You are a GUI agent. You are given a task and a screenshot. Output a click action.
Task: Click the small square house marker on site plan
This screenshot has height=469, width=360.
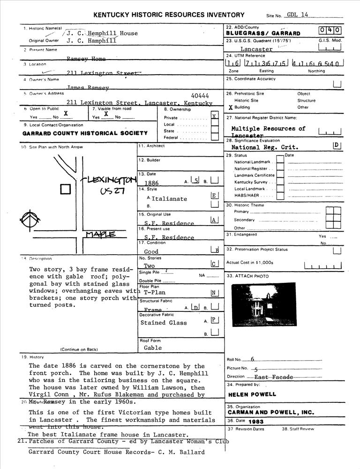click(x=66, y=189)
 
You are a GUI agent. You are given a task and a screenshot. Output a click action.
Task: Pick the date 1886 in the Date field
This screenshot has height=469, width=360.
click(x=152, y=183)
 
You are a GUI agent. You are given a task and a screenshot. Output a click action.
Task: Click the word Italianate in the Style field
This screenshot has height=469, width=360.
click(x=169, y=199)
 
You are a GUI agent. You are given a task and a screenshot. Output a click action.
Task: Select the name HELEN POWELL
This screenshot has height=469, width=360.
click(x=252, y=394)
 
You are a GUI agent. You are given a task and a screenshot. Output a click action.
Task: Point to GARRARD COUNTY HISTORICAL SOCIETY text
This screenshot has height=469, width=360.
click(x=85, y=133)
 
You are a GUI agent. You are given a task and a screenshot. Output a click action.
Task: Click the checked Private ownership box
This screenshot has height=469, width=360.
click(x=214, y=116)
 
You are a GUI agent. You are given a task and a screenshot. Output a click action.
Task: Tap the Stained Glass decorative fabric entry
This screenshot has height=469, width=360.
click(x=163, y=323)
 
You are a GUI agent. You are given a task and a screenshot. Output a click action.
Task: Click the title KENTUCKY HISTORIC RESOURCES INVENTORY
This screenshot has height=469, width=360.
click(x=169, y=15)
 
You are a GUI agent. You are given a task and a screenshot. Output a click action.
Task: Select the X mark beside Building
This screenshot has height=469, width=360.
click(x=230, y=107)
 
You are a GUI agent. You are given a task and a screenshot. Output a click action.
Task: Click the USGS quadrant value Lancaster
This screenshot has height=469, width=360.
click(x=256, y=49)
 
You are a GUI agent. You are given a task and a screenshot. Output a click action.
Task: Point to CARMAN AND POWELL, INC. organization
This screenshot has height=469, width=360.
click(x=271, y=413)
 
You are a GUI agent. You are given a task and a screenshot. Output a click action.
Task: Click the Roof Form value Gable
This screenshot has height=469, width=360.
click(x=153, y=348)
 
